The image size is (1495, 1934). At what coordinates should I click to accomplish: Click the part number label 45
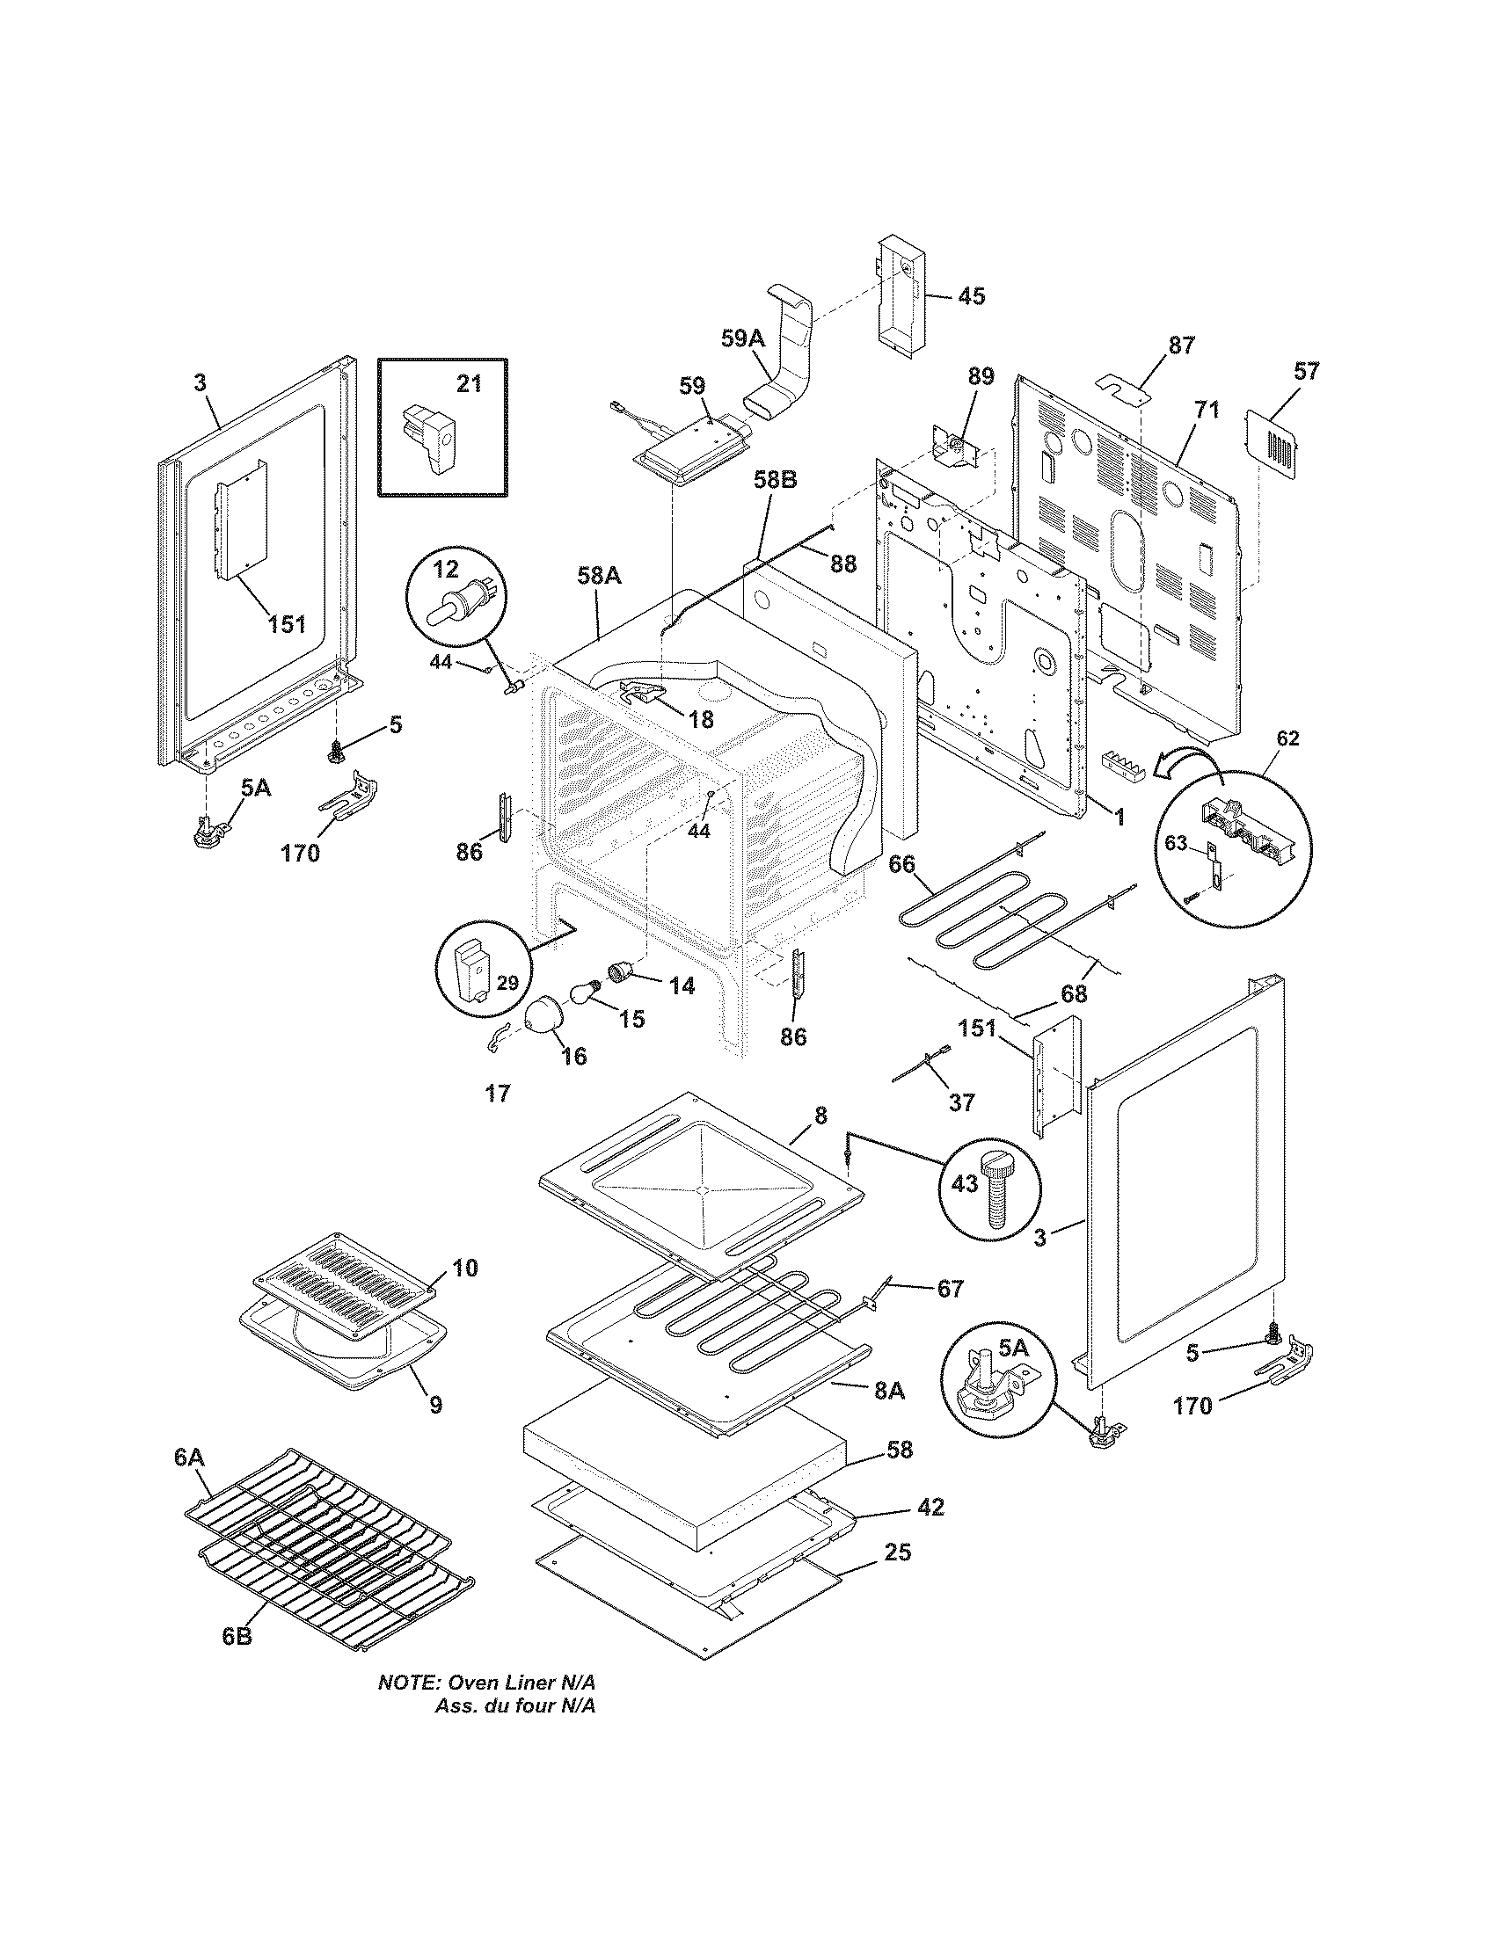(971, 295)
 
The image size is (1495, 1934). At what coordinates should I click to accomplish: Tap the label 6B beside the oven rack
(237, 1637)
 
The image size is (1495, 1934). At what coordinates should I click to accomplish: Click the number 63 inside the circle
(1174, 842)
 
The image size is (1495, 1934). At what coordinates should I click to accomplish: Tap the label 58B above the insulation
(775, 480)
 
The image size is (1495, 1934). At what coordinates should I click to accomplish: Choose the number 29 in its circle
(507, 982)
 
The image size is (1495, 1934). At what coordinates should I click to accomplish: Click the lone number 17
(498, 1094)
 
